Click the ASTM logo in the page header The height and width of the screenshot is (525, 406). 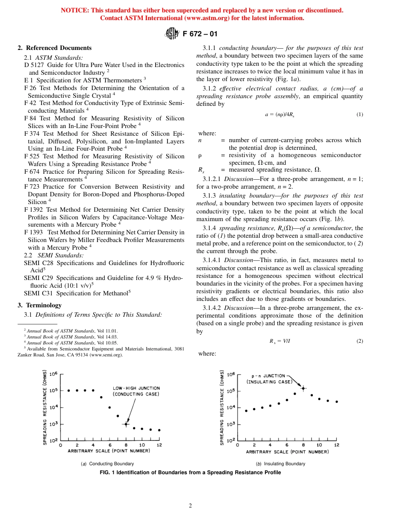tap(171, 34)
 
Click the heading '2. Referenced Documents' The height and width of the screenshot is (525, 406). tap(54, 48)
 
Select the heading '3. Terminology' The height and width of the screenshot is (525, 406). tap(39, 305)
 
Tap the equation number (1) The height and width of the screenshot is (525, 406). tap(359, 114)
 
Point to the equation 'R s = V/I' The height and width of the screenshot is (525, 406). tap(279, 341)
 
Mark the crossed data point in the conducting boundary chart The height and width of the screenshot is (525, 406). tap(126, 424)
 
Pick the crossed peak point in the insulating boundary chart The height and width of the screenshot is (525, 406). tap(303, 388)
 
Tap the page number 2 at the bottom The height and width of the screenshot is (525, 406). tap(190, 506)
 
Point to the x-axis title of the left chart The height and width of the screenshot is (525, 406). tap(110, 452)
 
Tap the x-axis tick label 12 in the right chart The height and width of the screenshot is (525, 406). tap(336, 445)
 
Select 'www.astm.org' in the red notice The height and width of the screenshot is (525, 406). tap(203, 18)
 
